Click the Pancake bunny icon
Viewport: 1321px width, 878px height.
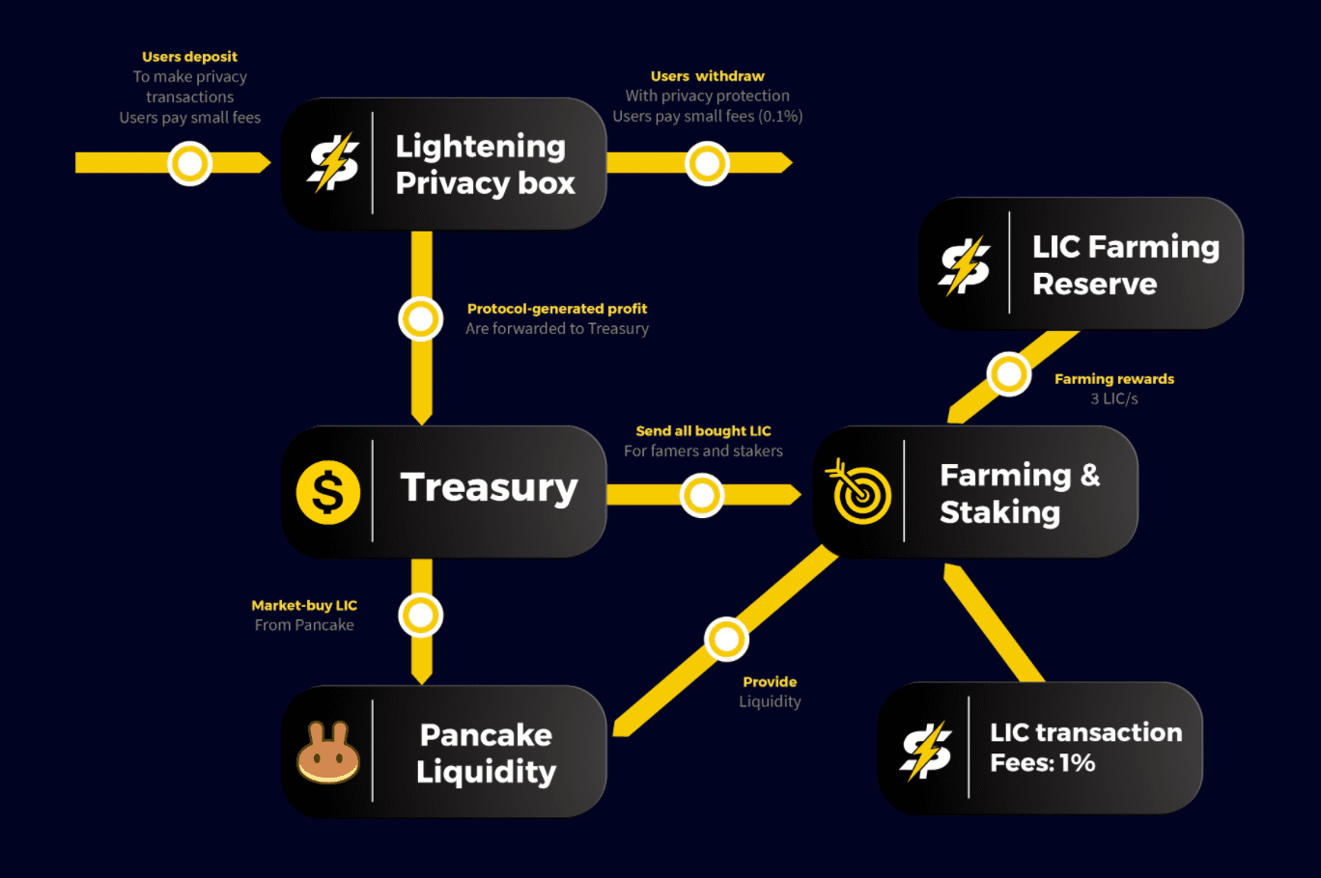(328, 753)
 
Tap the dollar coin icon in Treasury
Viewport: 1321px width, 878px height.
(328, 492)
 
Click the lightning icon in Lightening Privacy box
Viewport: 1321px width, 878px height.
(333, 163)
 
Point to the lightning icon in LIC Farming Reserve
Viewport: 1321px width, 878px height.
(965, 265)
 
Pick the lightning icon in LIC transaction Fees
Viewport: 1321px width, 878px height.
(926, 750)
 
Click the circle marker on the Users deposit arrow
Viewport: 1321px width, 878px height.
(190, 163)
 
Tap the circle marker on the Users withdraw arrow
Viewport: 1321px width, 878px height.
(707, 163)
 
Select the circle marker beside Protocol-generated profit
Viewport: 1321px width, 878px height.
(421, 318)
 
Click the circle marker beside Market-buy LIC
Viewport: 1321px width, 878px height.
(421, 615)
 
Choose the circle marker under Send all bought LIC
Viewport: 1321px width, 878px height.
(702, 496)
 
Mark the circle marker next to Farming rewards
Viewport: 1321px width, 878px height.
(1009, 373)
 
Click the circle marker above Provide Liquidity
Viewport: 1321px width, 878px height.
(726, 639)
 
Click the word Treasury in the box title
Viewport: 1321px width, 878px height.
(489, 488)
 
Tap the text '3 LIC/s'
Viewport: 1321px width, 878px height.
(1113, 398)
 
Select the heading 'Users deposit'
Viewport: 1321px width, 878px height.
(189, 57)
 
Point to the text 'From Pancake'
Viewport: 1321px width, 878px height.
(304, 625)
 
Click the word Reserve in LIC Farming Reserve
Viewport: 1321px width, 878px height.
(1094, 284)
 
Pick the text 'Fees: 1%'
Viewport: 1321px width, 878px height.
(1042, 763)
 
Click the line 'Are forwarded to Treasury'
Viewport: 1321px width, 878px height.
(557, 329)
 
